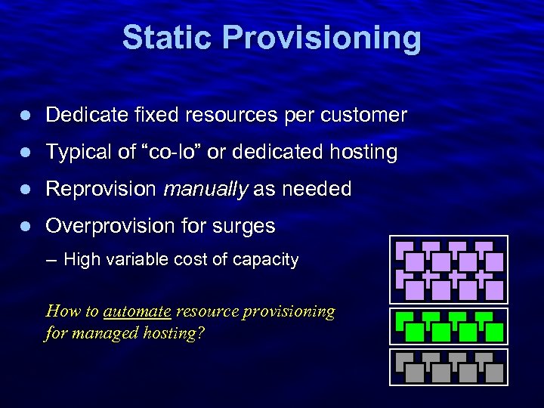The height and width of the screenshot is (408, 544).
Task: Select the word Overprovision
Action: [111, 226]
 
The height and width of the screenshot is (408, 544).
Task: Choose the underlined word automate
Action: [137, 311]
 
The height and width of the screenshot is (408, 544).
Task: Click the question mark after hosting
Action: [199, 332]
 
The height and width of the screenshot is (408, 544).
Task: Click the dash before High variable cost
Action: [51, 261]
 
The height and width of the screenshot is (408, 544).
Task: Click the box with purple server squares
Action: [449, 270]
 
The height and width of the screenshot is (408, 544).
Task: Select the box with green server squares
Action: [449, 326]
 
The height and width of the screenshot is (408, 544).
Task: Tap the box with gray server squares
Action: [449, 366]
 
